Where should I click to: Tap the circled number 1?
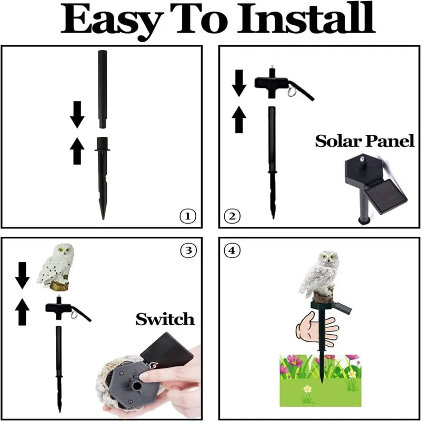coord(187,216)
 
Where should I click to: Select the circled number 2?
coord(232,215)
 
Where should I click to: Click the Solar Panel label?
coord(364,141)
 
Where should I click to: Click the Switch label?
coord(165,318)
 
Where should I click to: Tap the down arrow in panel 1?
coord(77,115)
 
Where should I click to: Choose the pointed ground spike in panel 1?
coord(102,179)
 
